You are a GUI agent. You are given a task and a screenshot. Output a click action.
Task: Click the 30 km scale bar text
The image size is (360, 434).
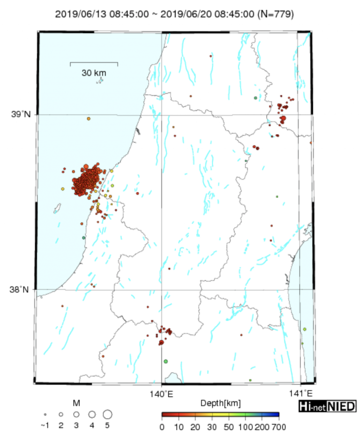tap(94, 73)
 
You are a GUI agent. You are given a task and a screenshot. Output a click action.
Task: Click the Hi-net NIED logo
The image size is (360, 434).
tap(327, 406)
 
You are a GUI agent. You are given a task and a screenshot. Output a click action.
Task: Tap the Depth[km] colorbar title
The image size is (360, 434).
tap(220, 403)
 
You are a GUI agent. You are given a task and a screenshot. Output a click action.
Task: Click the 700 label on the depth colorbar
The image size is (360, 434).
tap(278, 427)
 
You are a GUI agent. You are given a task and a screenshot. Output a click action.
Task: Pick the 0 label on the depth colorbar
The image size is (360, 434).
tap(162, 427)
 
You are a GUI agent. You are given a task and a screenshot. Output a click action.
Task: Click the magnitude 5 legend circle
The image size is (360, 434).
tap(107, 414)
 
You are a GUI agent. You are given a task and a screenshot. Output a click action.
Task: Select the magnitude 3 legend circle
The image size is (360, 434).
tap(76, 414)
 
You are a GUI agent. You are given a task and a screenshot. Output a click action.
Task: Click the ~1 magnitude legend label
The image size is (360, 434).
tap(45, 426)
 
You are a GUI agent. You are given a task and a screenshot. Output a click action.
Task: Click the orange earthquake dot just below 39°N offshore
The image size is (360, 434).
tap(88, 119)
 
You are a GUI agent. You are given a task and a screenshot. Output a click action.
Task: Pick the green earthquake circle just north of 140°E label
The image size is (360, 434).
tap(165, 361)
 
